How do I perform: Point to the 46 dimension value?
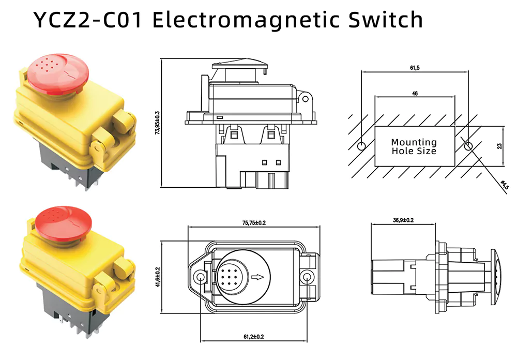[415, 94]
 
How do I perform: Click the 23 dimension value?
[499, 146]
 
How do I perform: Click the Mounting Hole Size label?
[414, 146]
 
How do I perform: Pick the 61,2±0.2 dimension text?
[253, 337]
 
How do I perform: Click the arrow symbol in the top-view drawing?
[257, 277]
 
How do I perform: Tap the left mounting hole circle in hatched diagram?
[361, 145]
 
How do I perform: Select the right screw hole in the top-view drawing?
[309, 278]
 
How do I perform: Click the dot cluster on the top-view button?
[228, 277]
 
